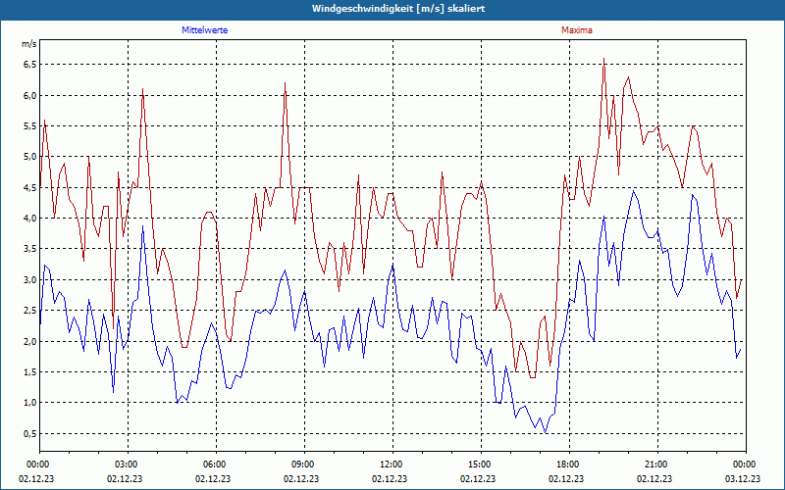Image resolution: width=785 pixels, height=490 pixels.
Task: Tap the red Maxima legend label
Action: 577,30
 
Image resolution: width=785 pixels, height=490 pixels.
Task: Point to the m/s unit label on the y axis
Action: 29,45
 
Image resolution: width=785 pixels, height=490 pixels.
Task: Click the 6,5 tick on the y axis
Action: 29,65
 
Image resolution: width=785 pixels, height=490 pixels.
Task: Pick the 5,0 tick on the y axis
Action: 29,157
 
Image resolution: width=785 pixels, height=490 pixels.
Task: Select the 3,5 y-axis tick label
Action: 29,249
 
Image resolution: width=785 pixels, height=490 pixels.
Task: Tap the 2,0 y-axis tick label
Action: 29,341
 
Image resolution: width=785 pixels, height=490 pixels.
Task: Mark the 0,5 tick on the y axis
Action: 29,433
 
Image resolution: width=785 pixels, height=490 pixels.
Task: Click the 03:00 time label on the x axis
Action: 127,465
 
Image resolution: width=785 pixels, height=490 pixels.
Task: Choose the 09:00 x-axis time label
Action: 303,465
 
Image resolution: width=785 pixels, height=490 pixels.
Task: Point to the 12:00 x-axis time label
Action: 392,465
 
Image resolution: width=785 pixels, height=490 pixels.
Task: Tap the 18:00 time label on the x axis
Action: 567,465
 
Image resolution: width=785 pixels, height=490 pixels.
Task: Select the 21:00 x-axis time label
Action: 655,465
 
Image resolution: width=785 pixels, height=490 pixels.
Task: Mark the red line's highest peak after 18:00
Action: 604,60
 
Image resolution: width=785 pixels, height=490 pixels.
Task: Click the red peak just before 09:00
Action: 285,83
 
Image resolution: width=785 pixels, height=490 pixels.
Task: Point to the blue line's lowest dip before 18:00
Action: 545,432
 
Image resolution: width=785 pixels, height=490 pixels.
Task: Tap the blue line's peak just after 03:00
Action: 143,226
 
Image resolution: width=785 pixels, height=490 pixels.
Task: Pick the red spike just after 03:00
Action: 143,89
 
